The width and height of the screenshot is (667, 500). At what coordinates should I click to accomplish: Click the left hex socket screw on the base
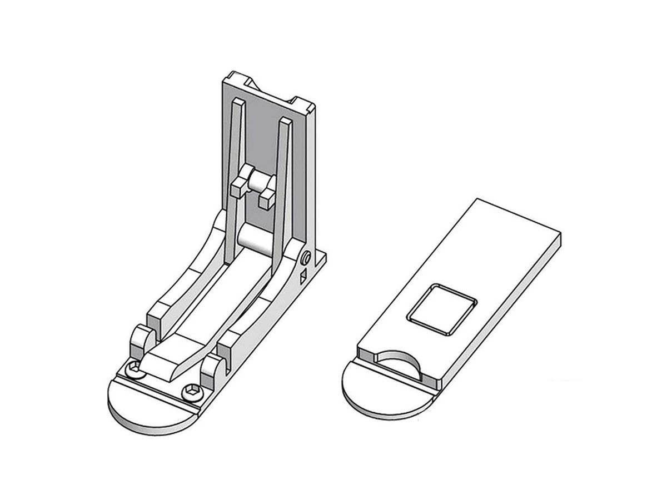point(133,367)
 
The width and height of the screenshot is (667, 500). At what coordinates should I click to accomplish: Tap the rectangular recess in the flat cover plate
point(442,310)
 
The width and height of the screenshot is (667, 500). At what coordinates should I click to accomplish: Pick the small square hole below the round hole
point(303,276)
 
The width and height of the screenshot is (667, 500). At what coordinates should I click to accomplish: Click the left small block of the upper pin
point(237,186)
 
